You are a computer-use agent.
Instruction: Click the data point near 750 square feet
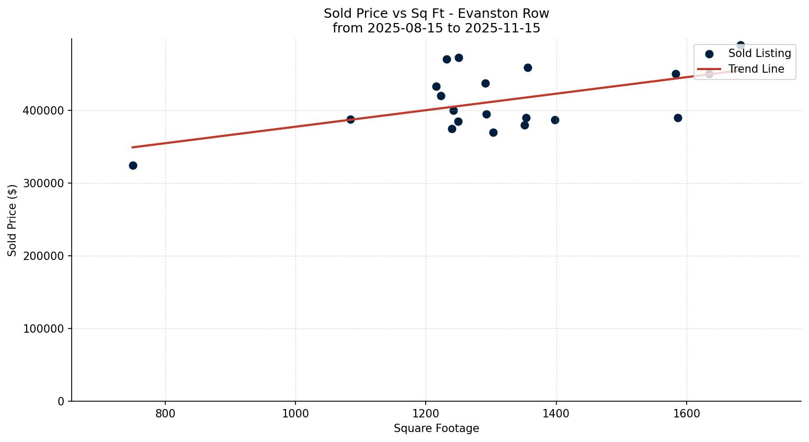133,165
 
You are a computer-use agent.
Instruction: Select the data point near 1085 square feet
350,119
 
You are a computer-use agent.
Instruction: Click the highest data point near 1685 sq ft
740,46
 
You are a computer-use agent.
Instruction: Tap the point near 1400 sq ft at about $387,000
555,120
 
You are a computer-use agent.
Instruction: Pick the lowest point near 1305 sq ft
493,132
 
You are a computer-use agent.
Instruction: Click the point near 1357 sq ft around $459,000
528,67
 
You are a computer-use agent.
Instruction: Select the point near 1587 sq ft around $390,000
678,118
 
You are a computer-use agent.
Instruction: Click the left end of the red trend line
132,148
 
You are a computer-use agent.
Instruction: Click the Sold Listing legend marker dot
709,54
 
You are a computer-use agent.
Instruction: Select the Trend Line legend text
756,69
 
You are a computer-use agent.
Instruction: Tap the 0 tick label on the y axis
61,402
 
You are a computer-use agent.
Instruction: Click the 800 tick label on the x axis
165,414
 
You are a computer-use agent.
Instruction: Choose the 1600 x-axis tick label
686,414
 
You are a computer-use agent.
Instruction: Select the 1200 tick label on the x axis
426,414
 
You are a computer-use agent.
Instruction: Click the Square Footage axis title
436,429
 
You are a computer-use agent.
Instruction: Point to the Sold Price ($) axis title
13,220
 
